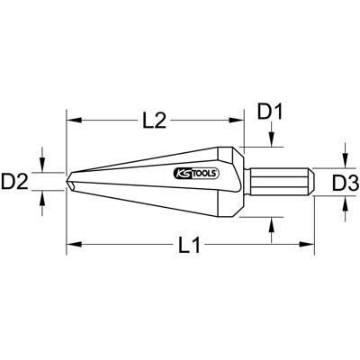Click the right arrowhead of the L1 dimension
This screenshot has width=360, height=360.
pyautogui.click(x=306, y=244)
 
